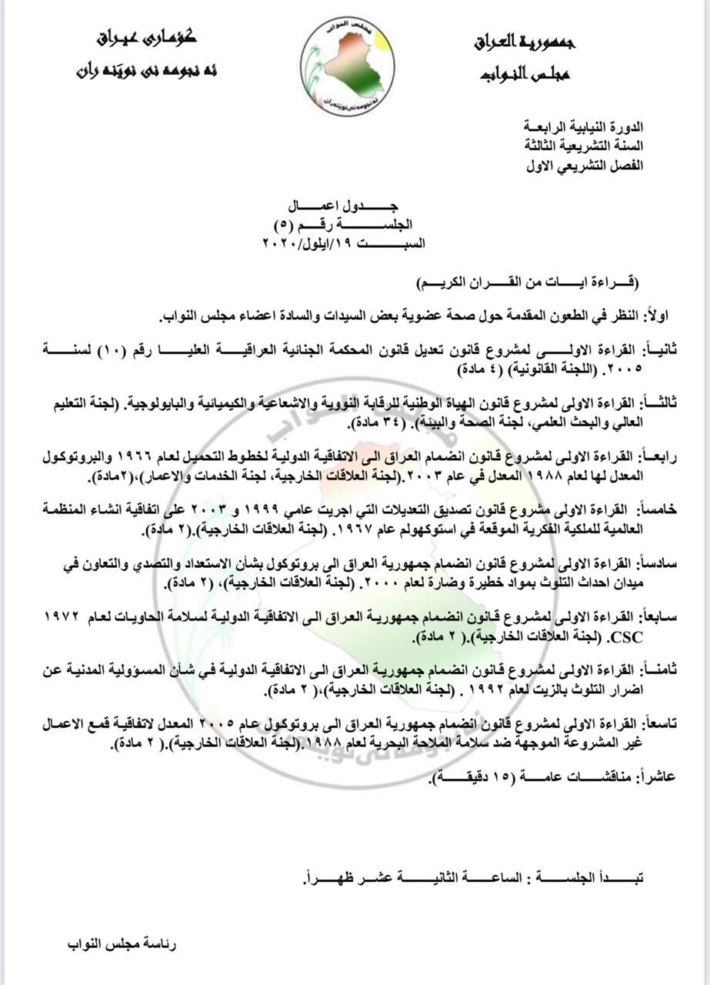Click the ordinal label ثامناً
(x=654, y=670)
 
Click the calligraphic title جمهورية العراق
(x=525, y=42)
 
